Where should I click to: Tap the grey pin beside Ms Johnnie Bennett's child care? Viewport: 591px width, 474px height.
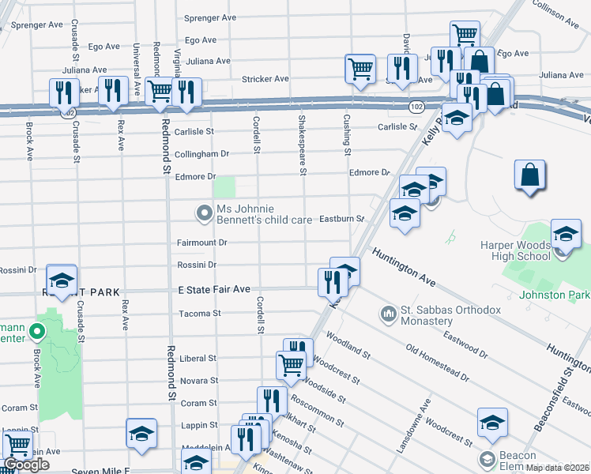(x=205, y=213)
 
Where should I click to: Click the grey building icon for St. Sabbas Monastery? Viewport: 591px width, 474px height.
(x=388, y=315)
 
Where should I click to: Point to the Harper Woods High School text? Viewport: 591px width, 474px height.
(x=515, y=250)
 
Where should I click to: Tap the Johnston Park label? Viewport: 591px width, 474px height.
(x=555, y=295)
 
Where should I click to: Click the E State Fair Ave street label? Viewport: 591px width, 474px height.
(x=213, y=289)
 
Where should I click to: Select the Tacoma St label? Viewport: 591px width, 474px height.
(x=199, y=314)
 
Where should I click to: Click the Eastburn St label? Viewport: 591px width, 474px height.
(x=341, y=218)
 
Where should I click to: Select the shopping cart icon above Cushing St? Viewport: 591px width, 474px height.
(x=360, y=68)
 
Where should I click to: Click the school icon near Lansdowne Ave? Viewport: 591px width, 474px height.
(x=492, y=423)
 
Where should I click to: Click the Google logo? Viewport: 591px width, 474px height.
(x=26, y=465)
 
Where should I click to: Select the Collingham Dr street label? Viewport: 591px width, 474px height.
(x=201, y=153)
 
